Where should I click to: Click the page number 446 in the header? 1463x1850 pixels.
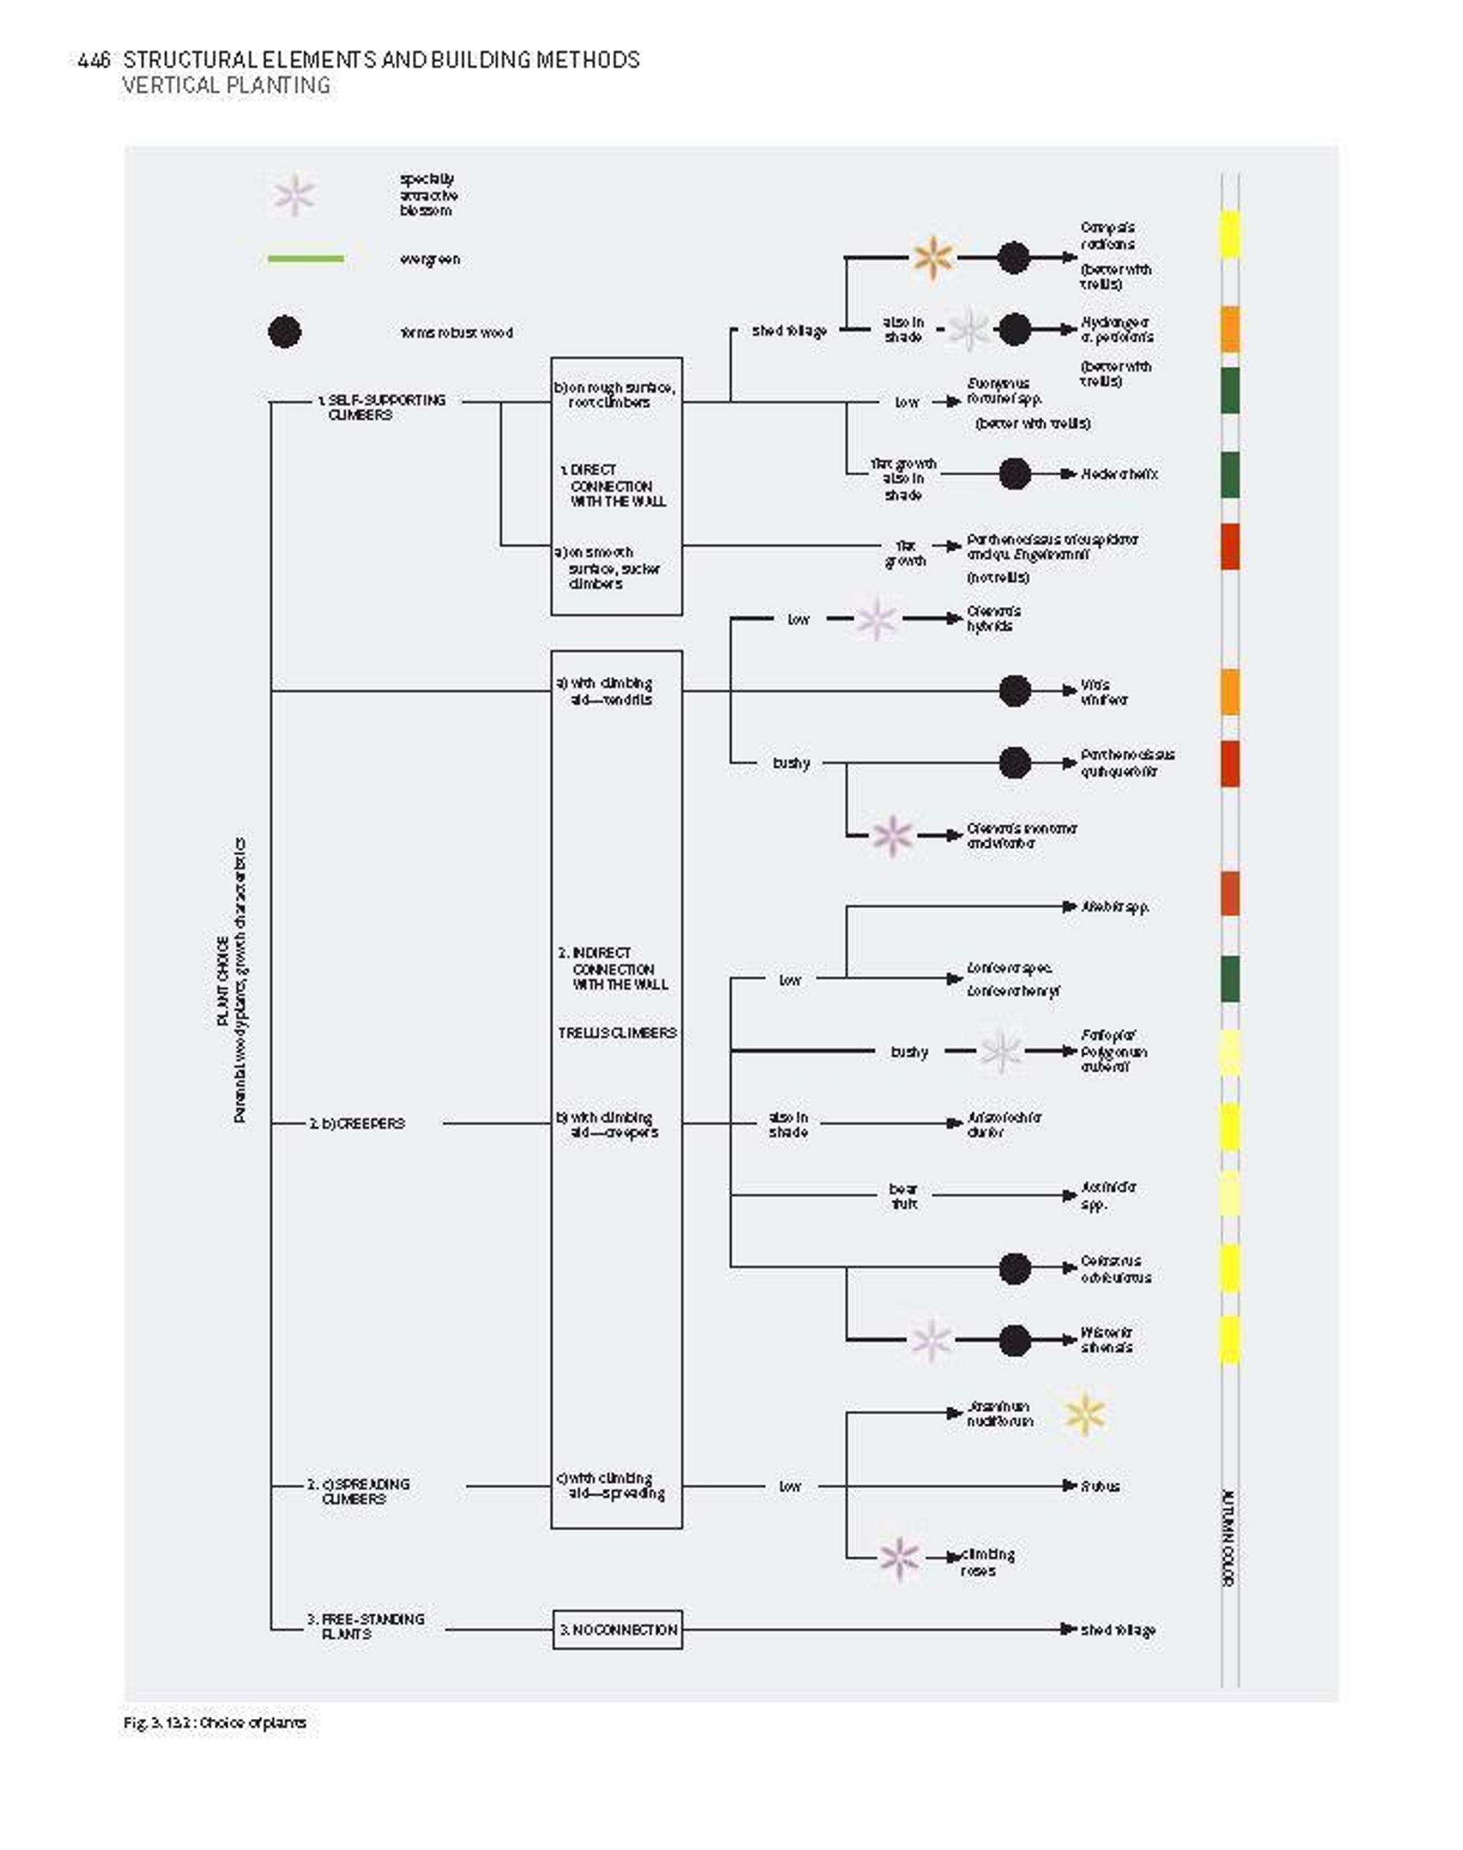pos(93,60)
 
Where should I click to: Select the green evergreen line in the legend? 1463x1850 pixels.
pos(306,258)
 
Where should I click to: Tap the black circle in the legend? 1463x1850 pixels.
pos(285,332)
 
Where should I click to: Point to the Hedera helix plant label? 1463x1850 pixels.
pos(1119,474)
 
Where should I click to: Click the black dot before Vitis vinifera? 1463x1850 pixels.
pos(1014,690)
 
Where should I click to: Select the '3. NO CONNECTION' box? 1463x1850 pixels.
pos(617,1630)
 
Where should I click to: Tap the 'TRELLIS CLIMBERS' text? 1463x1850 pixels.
pos(617,1033)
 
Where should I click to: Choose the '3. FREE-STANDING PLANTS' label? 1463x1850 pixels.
pos(366,1626)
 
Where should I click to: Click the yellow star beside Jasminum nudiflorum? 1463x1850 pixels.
pos(1084,1414)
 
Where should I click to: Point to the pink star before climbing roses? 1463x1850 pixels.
pos(899,1558)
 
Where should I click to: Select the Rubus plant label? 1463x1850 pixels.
pos(1100,1486)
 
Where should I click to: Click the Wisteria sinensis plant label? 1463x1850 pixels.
pos(1106,1339)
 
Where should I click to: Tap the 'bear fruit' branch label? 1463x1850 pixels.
pos(903,1196)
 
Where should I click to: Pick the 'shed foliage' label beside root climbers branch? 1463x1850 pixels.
pos(789,331)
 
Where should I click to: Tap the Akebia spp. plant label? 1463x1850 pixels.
pos(1114,906)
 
